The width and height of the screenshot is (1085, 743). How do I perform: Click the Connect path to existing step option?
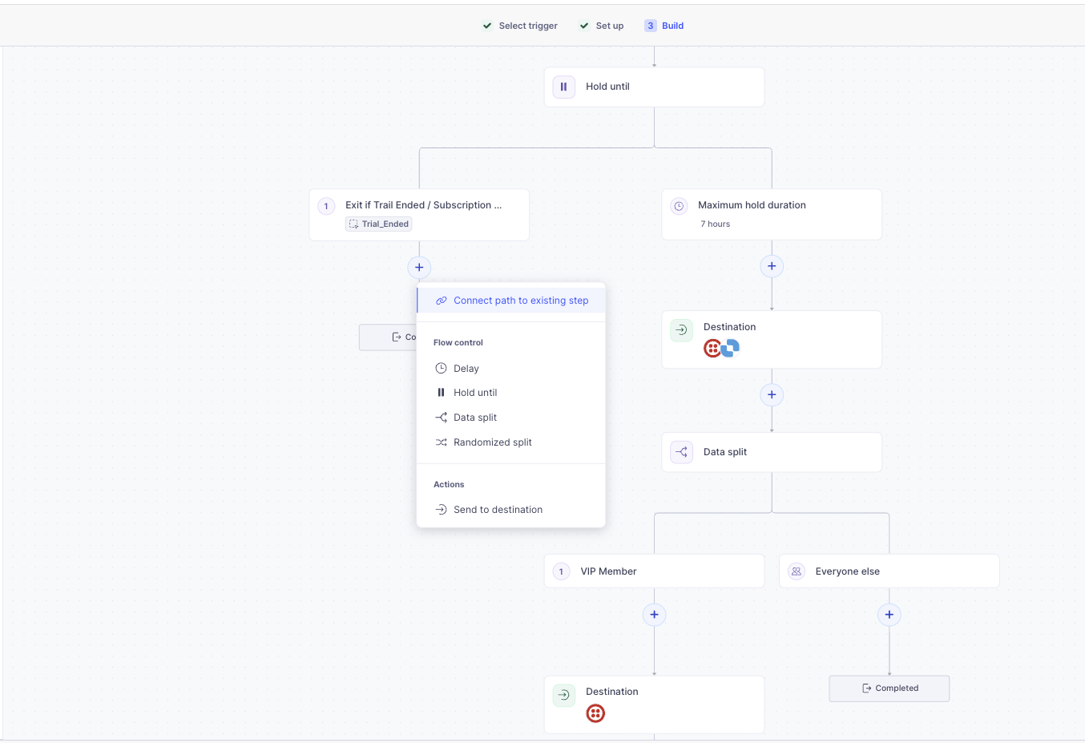520,301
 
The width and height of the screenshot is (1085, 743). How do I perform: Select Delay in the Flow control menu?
466,369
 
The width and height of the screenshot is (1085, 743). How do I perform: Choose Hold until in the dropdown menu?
474,393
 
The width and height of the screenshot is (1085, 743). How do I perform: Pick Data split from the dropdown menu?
474,418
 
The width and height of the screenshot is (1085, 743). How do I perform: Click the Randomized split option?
492,442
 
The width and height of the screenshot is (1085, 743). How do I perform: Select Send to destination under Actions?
497,510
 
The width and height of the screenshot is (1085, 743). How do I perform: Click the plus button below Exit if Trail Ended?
419,268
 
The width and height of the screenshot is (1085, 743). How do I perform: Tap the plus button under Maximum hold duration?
772,266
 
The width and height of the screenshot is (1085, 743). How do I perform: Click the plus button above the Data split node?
772,394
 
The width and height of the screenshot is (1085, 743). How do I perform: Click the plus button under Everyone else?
889,615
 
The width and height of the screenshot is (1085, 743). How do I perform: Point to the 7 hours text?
715,224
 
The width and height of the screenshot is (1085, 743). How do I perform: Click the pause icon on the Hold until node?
563,87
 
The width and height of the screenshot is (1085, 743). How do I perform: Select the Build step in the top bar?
672,26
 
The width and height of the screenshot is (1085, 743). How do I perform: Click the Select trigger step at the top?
527,26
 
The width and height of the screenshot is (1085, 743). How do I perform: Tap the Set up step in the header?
609,26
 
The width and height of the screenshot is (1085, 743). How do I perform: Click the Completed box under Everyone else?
889,688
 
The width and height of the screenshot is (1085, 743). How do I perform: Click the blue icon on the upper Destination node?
731,348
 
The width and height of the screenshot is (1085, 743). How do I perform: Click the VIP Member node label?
608,571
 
